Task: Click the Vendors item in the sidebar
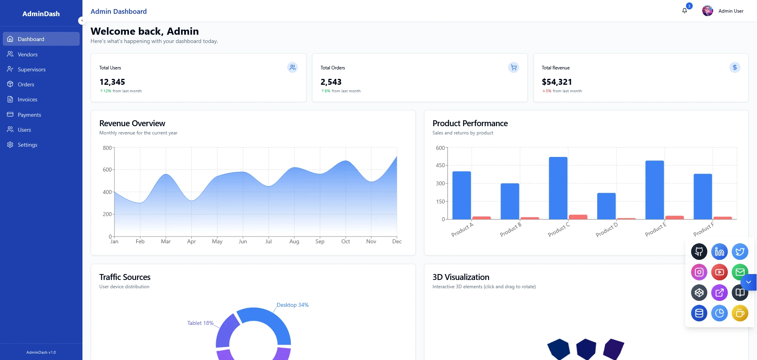(x=28, y=54)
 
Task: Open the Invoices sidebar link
(x=27, y=99)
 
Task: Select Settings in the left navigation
(x=27, y=145)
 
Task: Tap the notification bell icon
(x=684, y=11)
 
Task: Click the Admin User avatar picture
(x=707, y=11)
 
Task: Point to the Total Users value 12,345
(x=112, y=82)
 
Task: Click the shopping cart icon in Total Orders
(x=513, y=67)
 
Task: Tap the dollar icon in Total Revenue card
(x=735, y=67)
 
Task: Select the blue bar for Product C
(x=558, y=188)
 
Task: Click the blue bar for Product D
(x=606, y=206)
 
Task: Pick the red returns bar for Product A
(x=481, y=218)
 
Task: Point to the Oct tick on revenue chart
(x=346, y=241)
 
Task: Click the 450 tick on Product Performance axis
(x=440, y=166)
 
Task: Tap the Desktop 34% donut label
(x=292, y=305)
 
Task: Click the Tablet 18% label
(x=200, y=323)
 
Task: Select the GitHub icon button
(x=699, y=252)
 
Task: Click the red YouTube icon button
(x=719, y=272)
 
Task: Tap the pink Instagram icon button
(x=699, y=272)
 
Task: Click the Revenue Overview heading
(x=132, y=123)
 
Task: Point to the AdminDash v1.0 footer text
(x=41, y=353)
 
